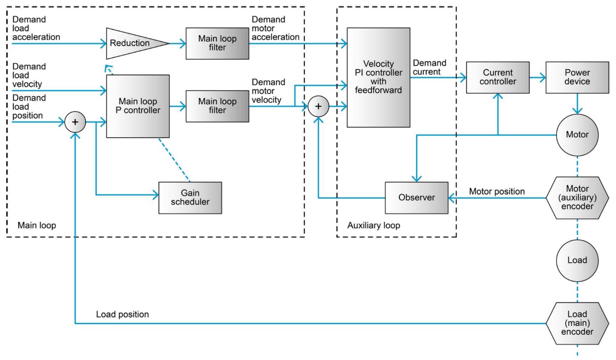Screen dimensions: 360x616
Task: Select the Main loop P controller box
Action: click(138, 106)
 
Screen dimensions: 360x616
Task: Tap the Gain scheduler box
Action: click(190, 198)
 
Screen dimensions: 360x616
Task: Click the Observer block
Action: click(416, 198)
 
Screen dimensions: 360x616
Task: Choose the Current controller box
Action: click(498, 77)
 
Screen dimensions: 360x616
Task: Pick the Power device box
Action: click(577, 77)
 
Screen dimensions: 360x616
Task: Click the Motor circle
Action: click(577, 135)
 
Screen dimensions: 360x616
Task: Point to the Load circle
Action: click(577, 260)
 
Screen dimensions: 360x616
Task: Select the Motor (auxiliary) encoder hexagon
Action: click(577, 198)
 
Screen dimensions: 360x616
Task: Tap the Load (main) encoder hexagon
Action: click(577, 323)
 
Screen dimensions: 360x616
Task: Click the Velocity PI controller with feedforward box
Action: click(379, 77)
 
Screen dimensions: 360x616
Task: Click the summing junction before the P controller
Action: click(75, 122)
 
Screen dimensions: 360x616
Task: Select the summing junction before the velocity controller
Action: click(318, 107)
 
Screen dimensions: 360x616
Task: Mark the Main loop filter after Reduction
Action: click(217, 43)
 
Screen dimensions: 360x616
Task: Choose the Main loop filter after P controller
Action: click(217, 106)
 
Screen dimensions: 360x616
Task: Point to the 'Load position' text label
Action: click(122, 314)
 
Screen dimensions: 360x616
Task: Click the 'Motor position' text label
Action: click(497, 191)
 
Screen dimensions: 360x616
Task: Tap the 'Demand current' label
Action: click(429, 67)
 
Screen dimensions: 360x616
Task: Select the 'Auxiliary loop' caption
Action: click(373, 225)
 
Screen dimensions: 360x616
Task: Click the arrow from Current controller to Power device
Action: click(537, 77)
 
